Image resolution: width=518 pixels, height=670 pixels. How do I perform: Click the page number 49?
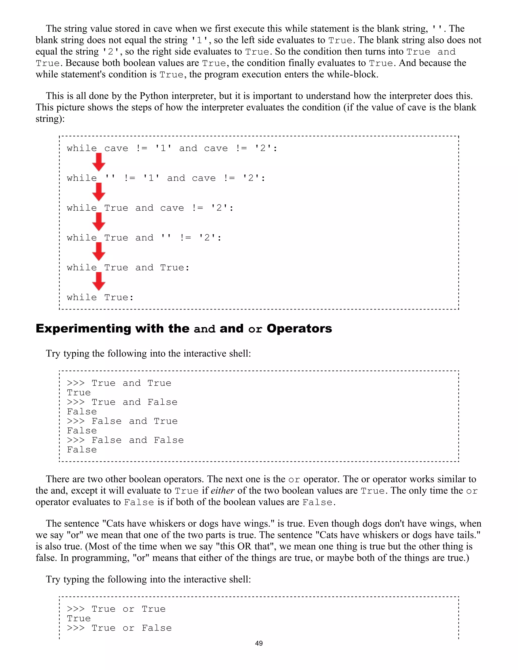(259, 643)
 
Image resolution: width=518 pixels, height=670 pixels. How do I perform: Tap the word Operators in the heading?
(299, 329)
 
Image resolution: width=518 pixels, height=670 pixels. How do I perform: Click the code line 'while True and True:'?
(128, 267)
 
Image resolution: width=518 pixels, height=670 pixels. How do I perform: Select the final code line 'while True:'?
(100, 297)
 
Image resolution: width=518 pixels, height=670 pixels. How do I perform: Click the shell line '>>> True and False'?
(122, 402)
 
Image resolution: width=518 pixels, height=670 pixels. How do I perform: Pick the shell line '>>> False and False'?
(125, 440)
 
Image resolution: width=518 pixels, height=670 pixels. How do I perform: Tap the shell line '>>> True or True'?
(116, 609)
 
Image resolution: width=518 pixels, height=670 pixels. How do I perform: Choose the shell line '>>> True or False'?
(119, 628)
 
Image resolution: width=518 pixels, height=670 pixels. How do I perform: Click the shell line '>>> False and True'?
(122, 421)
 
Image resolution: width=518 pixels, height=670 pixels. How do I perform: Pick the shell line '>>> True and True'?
(119, 383)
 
